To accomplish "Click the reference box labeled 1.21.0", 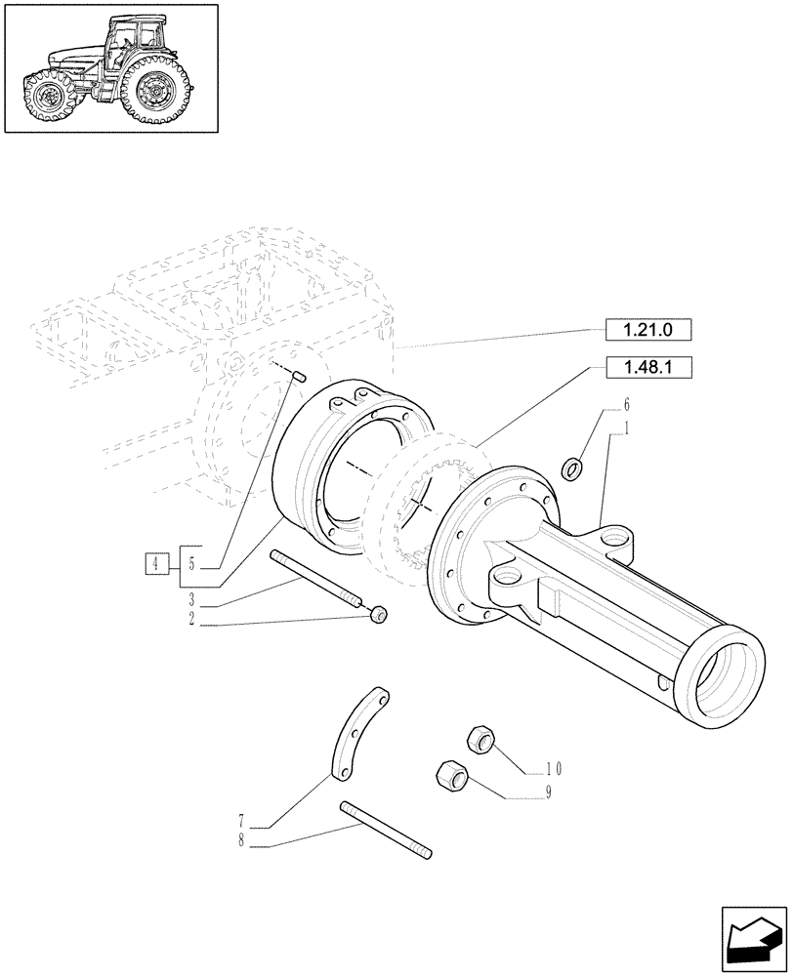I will [647, 331].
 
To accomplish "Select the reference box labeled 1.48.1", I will [647, 368].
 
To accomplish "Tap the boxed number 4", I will [155, 562].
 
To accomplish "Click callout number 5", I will [191, 563].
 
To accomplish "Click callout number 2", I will [191, 618].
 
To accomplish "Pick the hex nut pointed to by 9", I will [451, 777].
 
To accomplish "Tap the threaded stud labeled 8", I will [385, 830].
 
